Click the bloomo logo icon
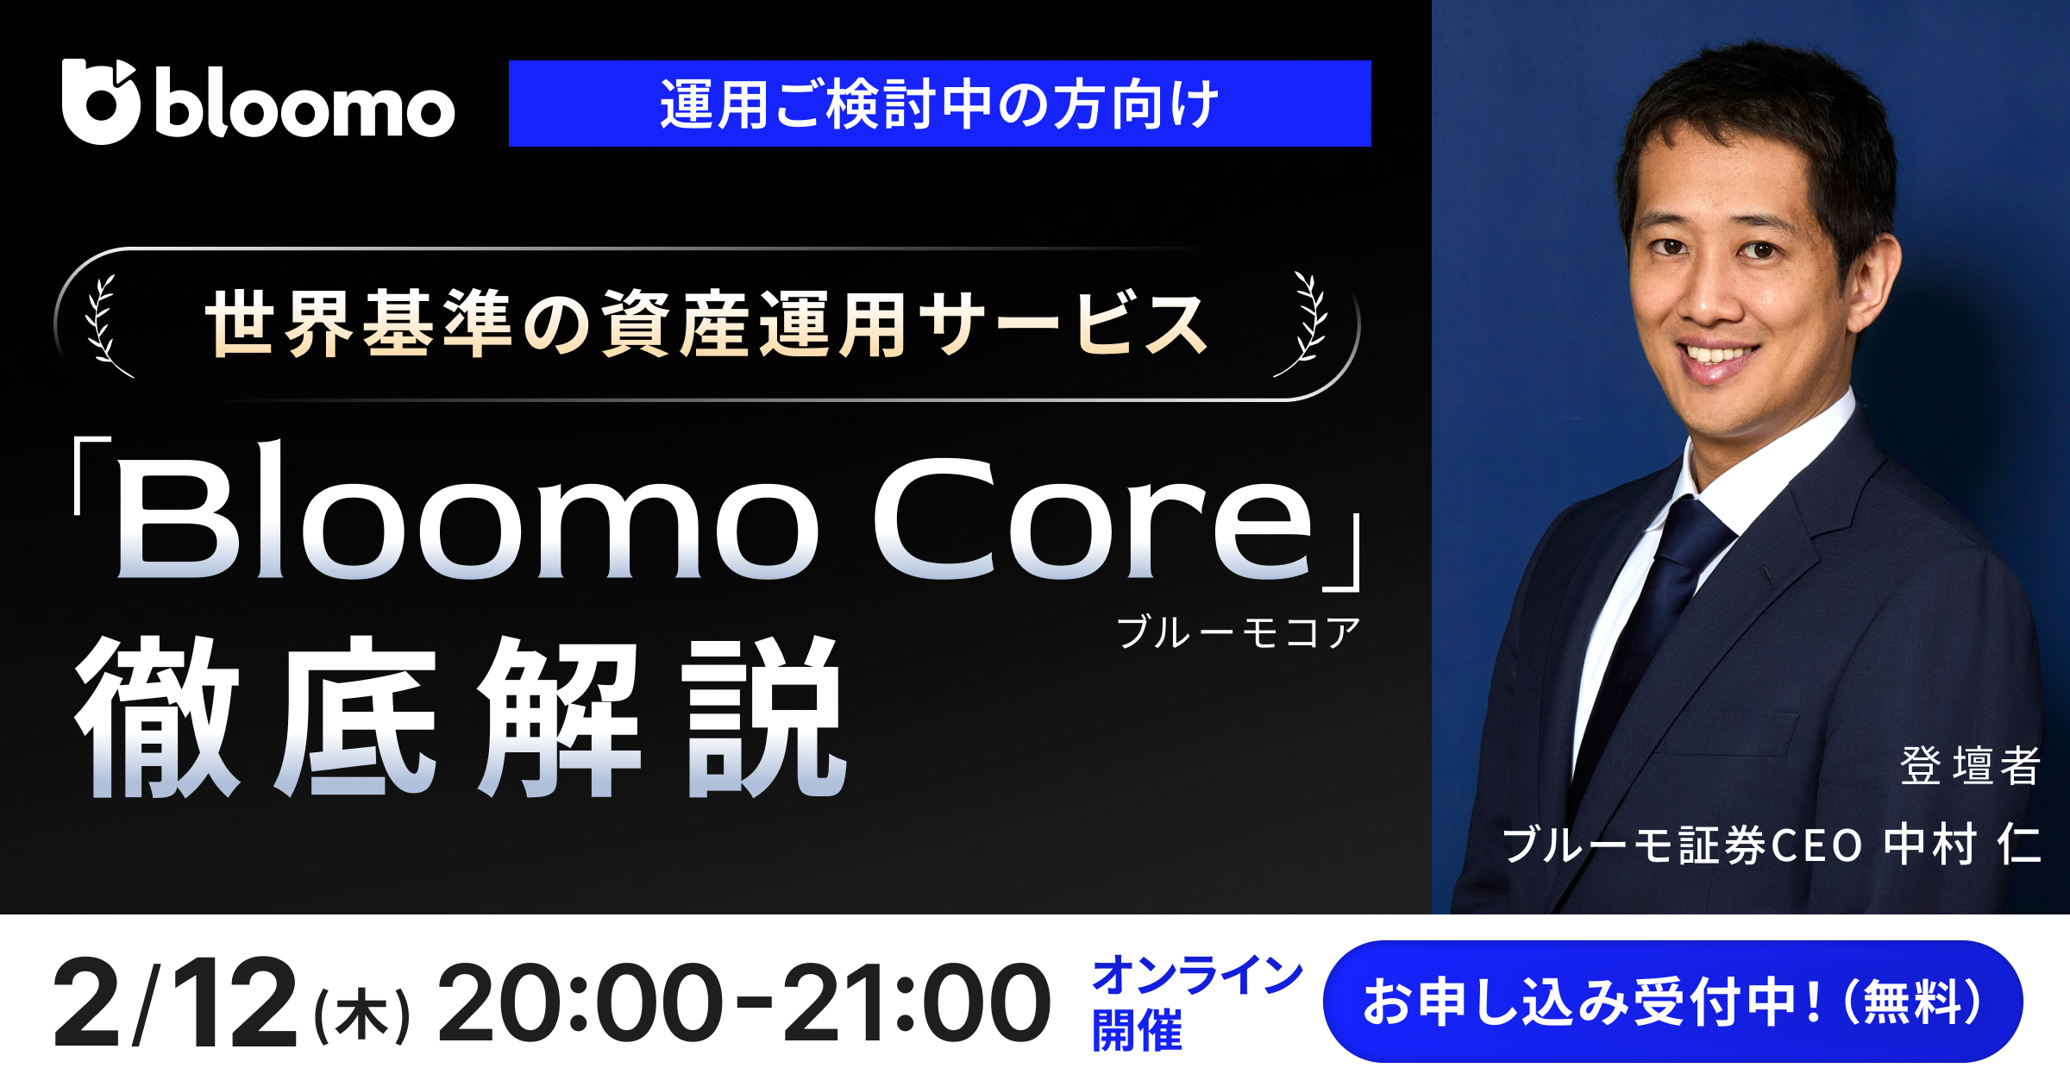[100, 102]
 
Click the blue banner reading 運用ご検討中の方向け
[939, 104]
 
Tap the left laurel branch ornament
[105, 325]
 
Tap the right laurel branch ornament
[1306, 325]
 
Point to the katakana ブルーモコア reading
[1239, 632]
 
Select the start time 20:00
[580, 1002]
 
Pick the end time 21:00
[916, 1002]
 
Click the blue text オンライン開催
[1195, 1002]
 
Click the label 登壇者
[1970, 765]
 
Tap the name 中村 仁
[1963, 845]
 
